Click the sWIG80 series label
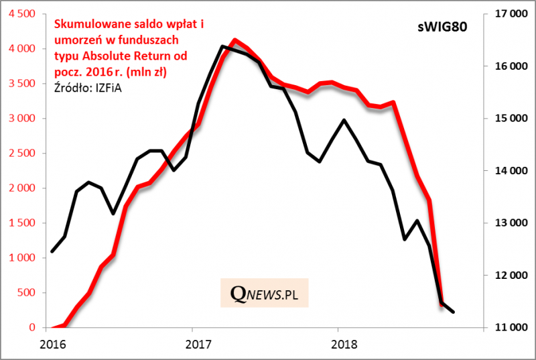pos(438,27)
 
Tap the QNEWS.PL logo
pos(265,292)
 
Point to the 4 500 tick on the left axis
pos(23,14)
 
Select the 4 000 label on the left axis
pos(23,49)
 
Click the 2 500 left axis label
pos(23,154)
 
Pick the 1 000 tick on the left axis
pos(23,258)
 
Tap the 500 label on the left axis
pos(28,293)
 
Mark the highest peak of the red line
pos(234,40)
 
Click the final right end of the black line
pos(454,312)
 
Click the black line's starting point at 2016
pos(52,251)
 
